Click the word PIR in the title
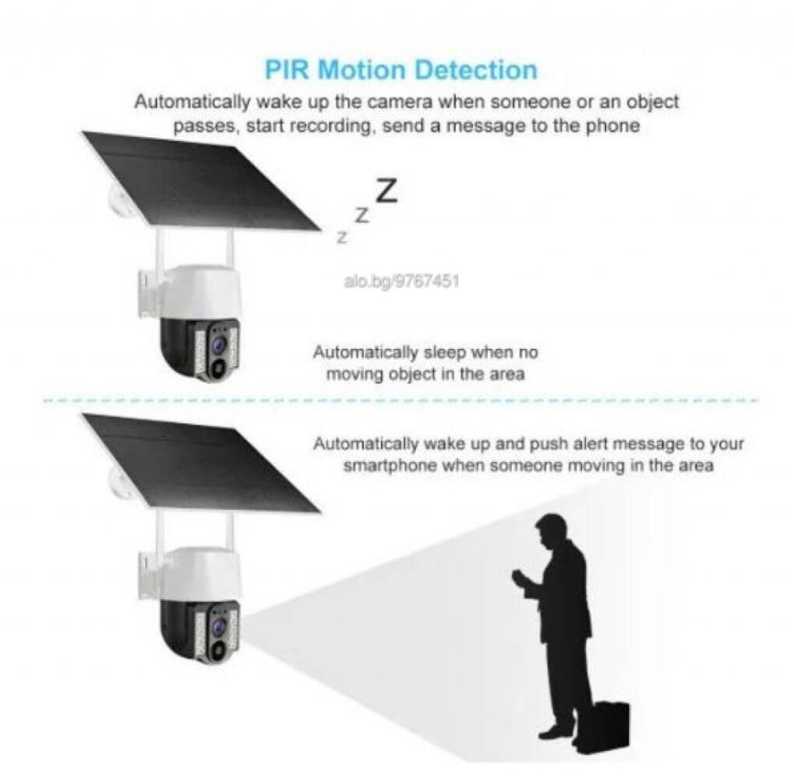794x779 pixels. pyautogui.click(x=286, y=70)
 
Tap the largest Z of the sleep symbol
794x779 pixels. pyautogui.click(x=386, y=191)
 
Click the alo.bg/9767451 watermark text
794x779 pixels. pyautogui.click(x=401, y=280)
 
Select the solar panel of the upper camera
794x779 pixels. pyautogui.click(x=202, y=181)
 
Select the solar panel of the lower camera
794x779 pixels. pyautogui.click(x=202, y=463)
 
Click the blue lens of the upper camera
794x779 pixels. pyautogui.click(x=219, y=345)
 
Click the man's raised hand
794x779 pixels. pyautogui.click(x=520, y=577)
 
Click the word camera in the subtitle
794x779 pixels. pyautogui.click(x=400, y=102)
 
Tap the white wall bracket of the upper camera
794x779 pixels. pyautogui.click(x=152, y=294)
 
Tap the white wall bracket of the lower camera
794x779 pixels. pyautogui.click(x=152, y=576)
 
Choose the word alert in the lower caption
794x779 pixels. pyautogui.click(x=589, y=444)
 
